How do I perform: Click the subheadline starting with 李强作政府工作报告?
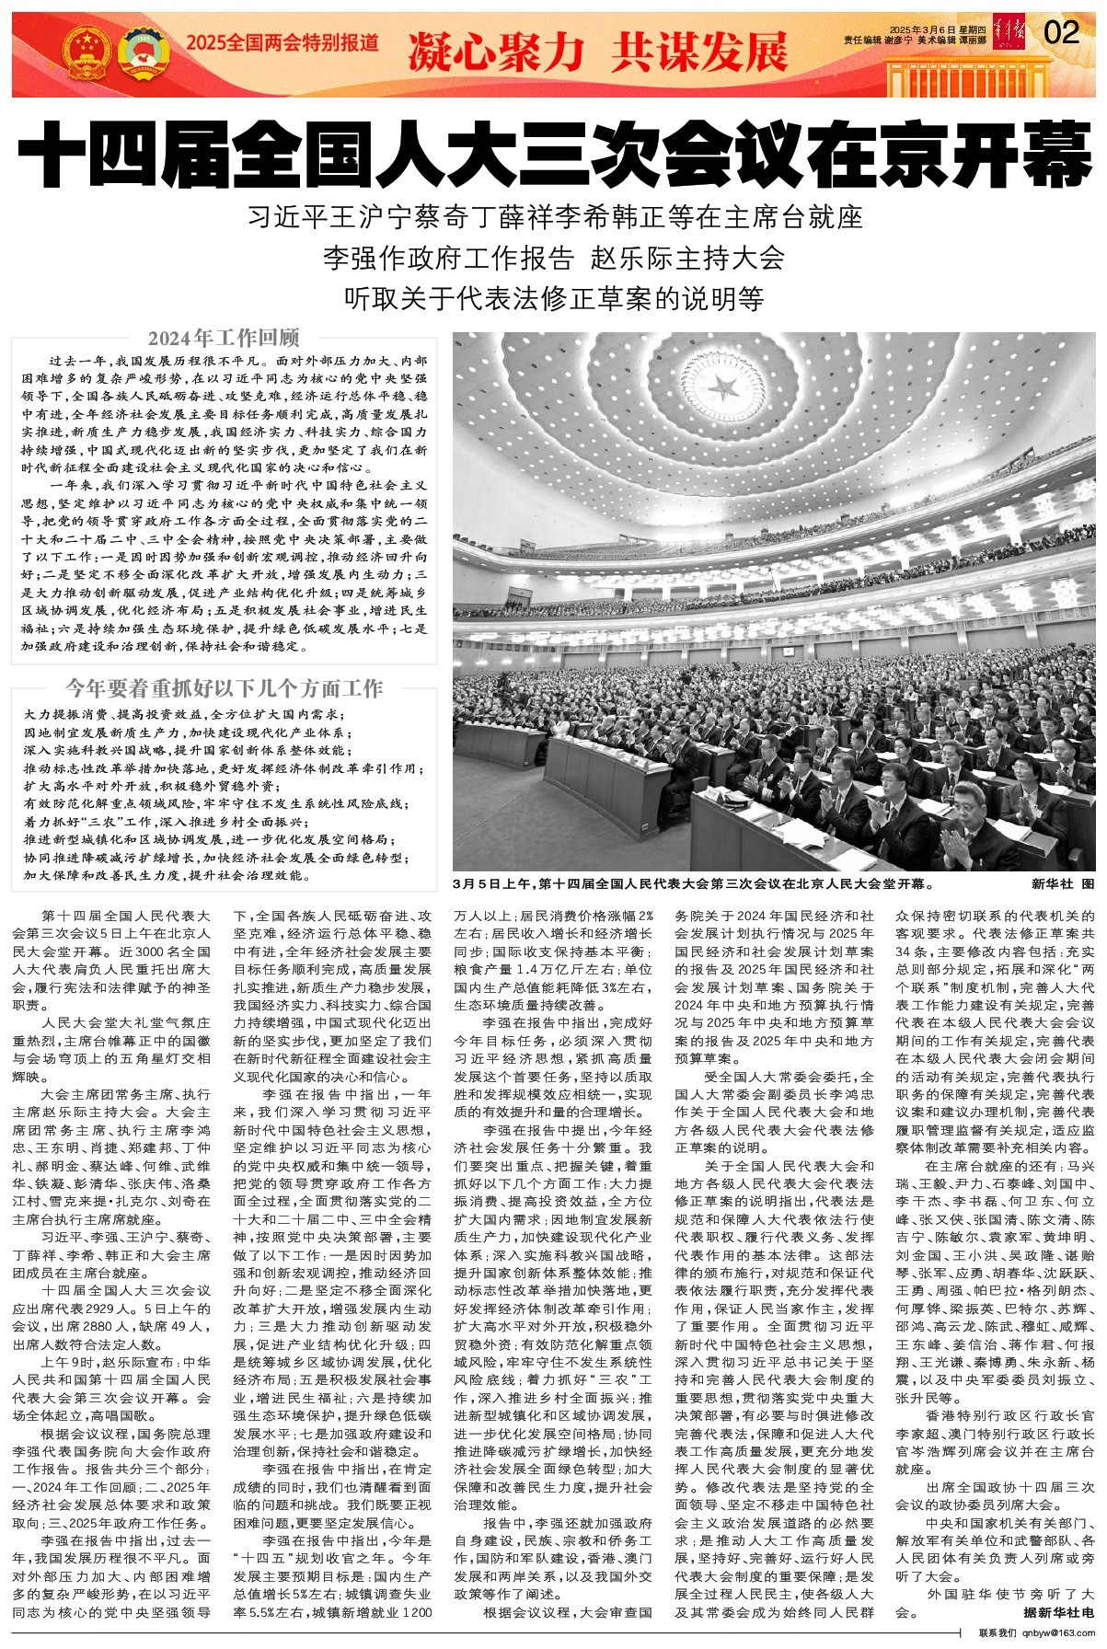[553, 258]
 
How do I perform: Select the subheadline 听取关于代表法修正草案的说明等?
[553, 298]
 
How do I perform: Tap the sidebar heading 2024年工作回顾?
[224, 338]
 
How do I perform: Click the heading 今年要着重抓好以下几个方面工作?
[224, 688]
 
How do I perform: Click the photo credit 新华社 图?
[1063, 884]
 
